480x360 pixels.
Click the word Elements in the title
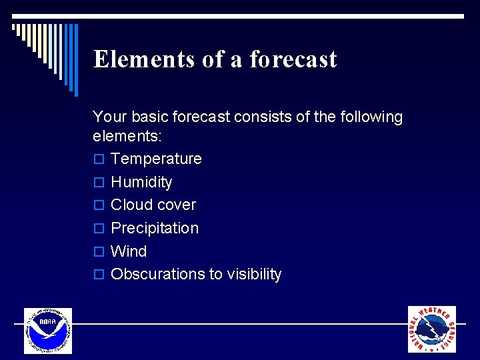tap(143, 59)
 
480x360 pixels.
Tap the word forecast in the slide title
tap(293, 59)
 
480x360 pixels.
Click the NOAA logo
tap(47, 331)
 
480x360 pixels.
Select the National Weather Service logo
tap(432, 329)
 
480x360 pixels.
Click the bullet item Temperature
tap(156, 159)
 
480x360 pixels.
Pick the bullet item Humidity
tap(141, 182)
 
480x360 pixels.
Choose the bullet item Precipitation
tap(155, 228)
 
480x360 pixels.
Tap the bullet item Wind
tap(129, 251)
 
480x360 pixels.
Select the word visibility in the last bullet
tap(253, 274)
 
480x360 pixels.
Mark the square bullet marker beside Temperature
tap(99, 159)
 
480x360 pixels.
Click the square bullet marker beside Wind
tap(99, 252)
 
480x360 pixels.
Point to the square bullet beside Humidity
tap(99, 183)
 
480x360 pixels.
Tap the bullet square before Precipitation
tap(99, 229)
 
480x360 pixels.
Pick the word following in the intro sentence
tap(370, 117)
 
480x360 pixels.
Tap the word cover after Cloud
tap(177, 205)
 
